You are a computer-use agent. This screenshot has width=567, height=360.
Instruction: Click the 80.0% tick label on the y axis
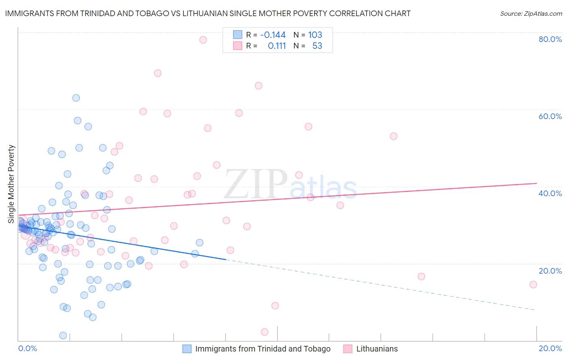(x=550, y=39)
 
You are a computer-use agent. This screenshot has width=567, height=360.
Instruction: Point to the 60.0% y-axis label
(x=550, y=116)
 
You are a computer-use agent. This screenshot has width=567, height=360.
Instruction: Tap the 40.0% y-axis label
(x=550, y=193)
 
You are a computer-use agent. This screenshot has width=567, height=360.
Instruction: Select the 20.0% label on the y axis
(x=550, y=271)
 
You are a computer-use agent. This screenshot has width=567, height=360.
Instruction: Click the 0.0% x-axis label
(x=28, y=348)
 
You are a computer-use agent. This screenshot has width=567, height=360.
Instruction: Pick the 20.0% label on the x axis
(x=550, y=348)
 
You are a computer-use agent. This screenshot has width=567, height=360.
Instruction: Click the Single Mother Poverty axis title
(x=11, y=184)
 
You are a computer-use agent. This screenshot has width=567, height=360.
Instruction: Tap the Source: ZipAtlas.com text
(x=531, y=14)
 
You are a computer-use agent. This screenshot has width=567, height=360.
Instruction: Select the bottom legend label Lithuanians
(x=377, y=349)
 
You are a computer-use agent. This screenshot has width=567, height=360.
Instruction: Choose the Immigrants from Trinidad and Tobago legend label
(x=263, y=349)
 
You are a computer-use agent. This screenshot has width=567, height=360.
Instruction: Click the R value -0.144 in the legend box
(x=273, y=35)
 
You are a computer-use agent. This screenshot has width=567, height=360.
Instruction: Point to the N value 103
(x=315, y=35)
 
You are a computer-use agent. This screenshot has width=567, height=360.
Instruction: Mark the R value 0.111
(x=277, y=46)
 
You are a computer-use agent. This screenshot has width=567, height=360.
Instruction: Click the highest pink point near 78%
(x=203, y=40)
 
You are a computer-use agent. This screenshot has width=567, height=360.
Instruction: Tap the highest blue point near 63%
(x=76, y=98)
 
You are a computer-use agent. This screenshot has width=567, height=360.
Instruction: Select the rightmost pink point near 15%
(x=533, y=285)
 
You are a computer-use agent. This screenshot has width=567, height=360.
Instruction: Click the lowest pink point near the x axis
(x=265, y=332)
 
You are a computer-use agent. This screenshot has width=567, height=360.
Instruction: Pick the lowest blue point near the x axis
(x=63, y=335)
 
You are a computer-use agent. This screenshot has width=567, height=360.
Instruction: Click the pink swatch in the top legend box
(x=238, y=46)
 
